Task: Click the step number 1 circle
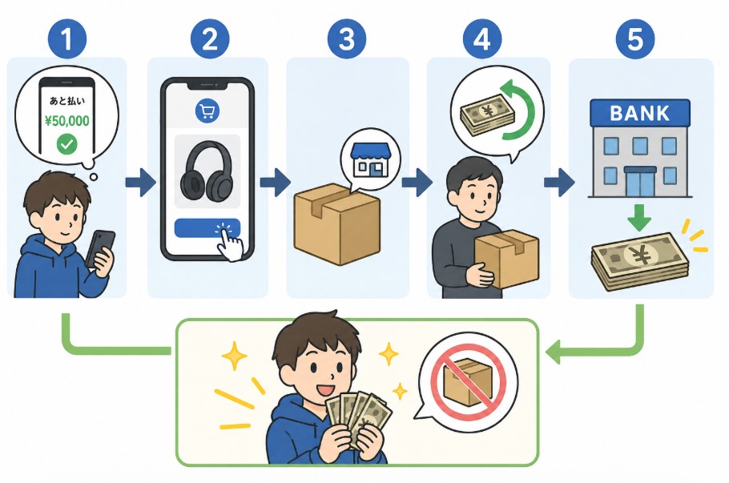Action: pos(67,39)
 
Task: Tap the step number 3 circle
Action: pos(347,39)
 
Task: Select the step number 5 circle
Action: pos(635,39)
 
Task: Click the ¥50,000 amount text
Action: pos(67,121)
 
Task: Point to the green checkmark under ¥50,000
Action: pos(67,144)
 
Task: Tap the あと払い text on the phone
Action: pos(67,101)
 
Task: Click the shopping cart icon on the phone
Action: pos(207,111)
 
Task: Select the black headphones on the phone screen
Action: pos(207,169)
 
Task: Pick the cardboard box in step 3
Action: pos(337,224)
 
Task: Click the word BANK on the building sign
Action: pos(640,114)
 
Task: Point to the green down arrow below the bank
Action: pos(640,218)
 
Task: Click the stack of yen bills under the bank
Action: pos(640,261)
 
